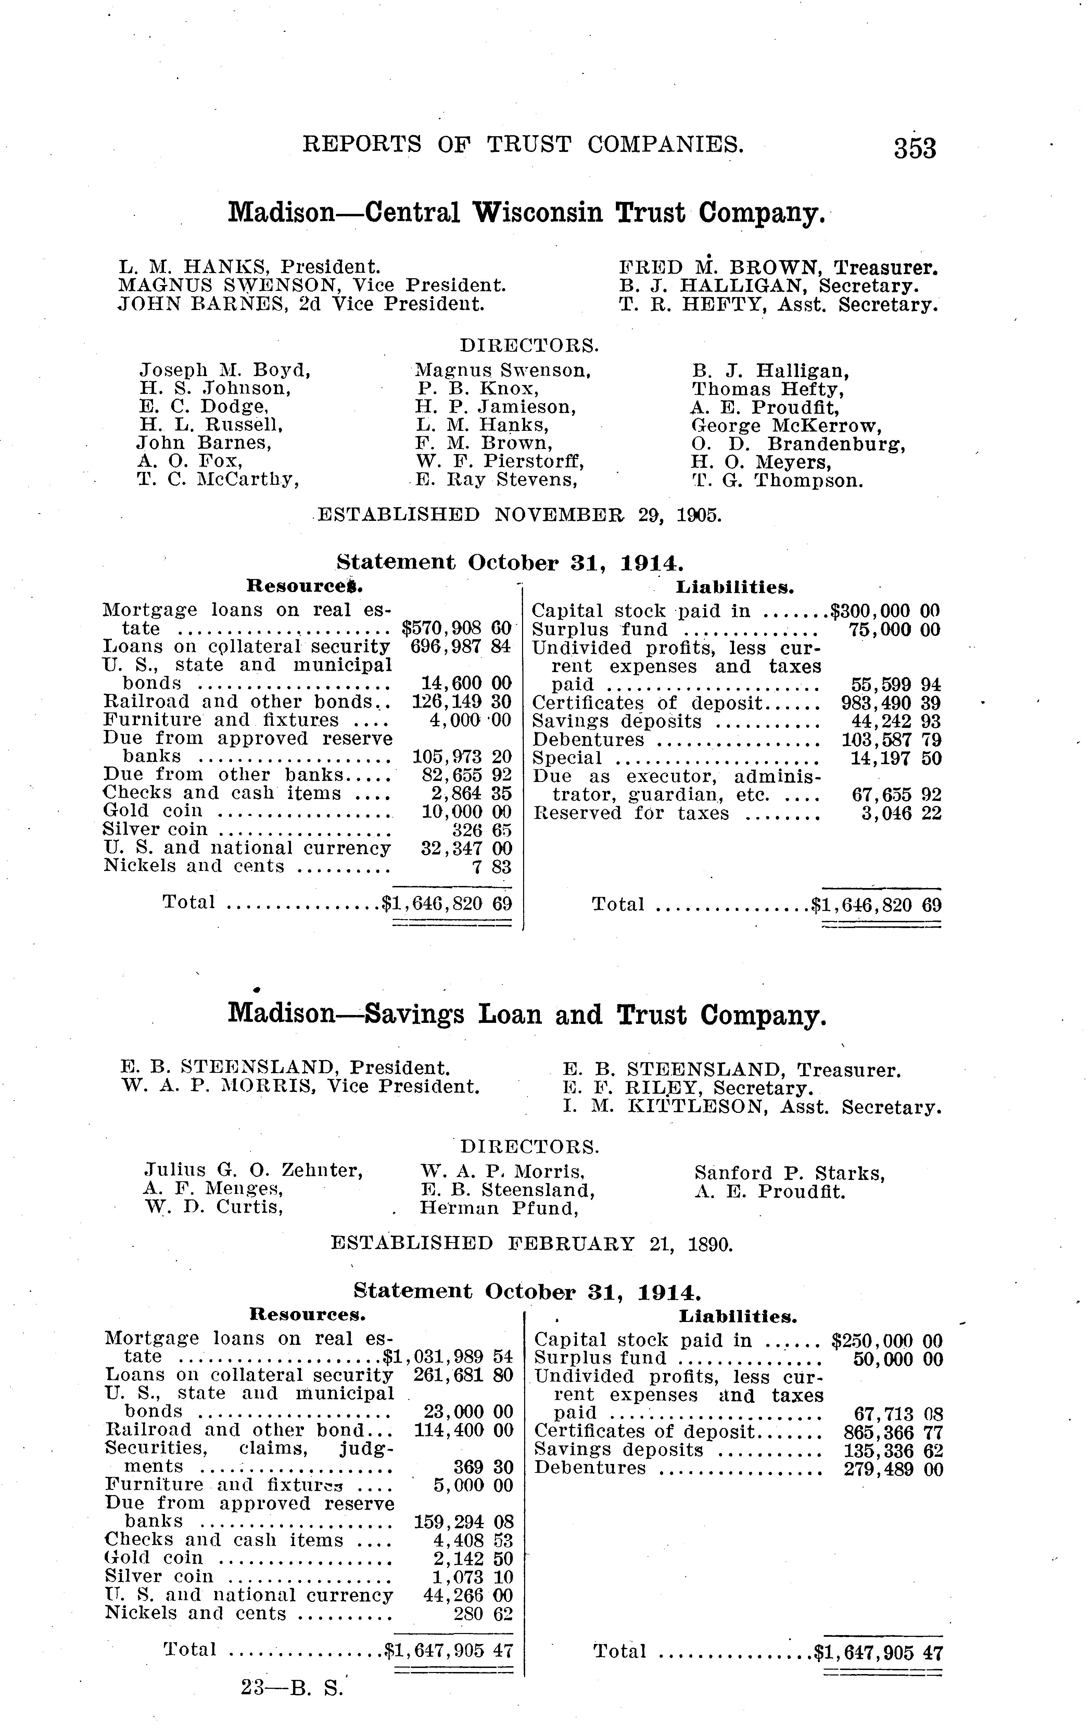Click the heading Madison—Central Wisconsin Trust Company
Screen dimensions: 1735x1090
[526, 213]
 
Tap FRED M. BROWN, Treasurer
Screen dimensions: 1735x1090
[778, 268]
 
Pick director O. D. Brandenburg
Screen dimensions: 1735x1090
[798, 444]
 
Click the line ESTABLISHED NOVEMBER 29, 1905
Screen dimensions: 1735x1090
[519, 515]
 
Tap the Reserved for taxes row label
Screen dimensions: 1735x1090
[631, 813]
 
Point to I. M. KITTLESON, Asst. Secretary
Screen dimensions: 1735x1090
[752, 1106]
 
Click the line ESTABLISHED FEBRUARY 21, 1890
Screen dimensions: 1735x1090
[531, 1244]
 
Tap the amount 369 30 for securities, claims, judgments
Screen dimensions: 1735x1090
[483, 1467]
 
